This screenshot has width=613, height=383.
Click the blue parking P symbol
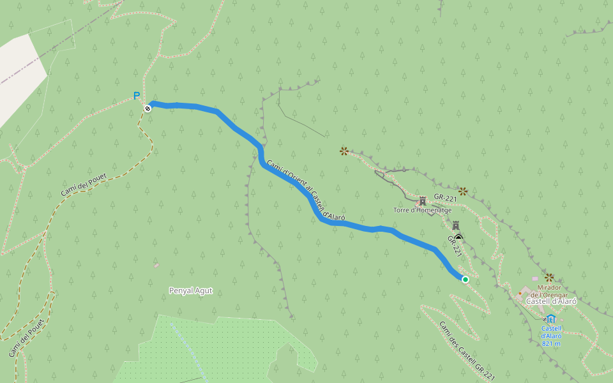click(136, 96)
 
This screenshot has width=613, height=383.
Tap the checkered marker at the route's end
click(148, 109)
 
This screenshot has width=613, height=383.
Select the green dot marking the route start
click(465, 280)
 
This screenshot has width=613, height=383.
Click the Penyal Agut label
click(190, 291)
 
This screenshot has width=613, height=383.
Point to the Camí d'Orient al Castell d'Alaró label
click(305, 190)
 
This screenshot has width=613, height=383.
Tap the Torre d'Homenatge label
click(423, 210)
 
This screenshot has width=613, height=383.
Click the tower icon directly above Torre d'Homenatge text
click(422, 200)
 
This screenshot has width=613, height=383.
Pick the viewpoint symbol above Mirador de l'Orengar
click(549, 277)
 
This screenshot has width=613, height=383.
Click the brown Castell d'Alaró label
click(551, 301)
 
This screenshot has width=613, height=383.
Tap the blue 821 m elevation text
click(550, 343)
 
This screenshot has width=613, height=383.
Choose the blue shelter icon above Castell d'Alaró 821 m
click(551, 319)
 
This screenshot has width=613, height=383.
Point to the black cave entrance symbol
click(458, 237)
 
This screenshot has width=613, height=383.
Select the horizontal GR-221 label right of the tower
click(445, 198)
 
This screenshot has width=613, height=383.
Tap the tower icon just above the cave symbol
click(456, 225)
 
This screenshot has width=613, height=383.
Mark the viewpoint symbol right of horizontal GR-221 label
click(463, 191)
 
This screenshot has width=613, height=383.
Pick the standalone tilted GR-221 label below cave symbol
click(454, 246)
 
